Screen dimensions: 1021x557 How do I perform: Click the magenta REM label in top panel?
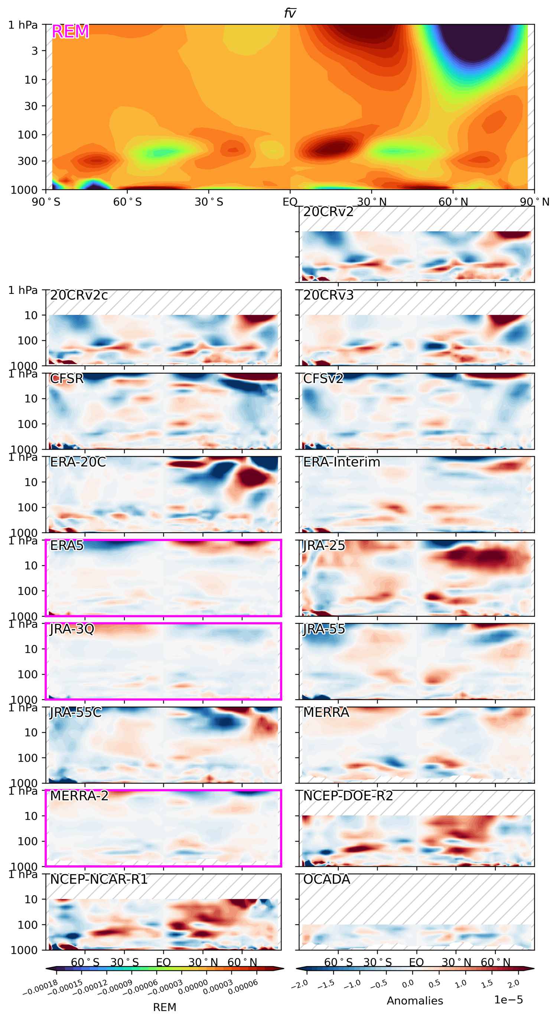(70, 32)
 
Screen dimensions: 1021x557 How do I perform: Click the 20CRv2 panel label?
(328, 212)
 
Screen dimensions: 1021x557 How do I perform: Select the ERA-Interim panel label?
(342, 462)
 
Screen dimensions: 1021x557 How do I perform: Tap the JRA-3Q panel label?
(72, 629)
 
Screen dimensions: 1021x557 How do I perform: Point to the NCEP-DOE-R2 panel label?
(348, 796)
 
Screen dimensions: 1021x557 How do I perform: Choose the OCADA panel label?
(326, 879)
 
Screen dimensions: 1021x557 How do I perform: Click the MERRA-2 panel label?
(79, 796)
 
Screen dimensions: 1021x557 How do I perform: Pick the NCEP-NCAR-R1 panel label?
(99, 879)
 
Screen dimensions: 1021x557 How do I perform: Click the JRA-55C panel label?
(76, 713)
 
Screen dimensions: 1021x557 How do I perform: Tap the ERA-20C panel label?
(78, 462)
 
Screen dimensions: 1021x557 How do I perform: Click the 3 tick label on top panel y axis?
(35, 51)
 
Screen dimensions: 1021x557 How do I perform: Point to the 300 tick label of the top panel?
(28, 161)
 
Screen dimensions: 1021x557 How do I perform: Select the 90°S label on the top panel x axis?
(46, 202)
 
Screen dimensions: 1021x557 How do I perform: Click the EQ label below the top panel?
(290, 202)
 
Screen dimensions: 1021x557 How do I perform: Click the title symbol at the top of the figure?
(290, 13)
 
